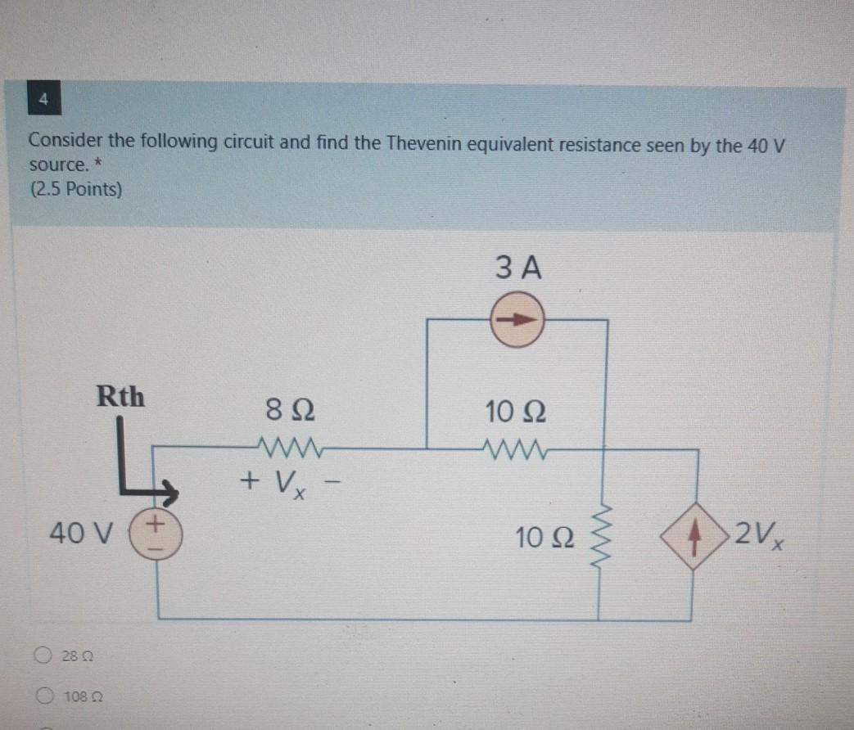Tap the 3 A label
click(518, 268)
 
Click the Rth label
click(120, 397)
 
